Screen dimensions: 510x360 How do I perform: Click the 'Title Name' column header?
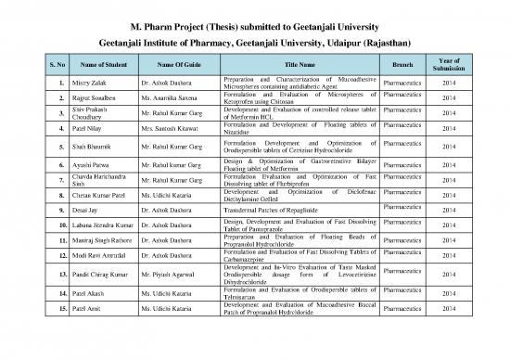[x=300, y=65]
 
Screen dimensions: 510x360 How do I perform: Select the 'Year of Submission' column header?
[x=449, y=65]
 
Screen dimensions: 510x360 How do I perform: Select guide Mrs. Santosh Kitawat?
[x=170, y=129]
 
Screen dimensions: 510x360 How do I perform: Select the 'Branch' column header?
[x=402, y=65]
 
